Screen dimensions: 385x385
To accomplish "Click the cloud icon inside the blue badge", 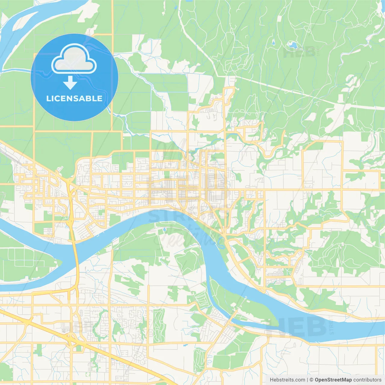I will click(74, 59).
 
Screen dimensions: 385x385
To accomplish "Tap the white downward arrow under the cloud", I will click(70, 83).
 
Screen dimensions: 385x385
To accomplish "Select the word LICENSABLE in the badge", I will click(74, 98).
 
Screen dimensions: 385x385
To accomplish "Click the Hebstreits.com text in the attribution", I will click(287, 380).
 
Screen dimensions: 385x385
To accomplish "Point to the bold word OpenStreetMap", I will click(333, 380).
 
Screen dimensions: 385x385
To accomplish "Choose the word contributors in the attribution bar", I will click(367, 380).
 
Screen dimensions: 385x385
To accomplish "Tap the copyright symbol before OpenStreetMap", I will click(311, 380).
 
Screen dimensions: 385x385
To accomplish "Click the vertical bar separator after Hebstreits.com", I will click(307, 380).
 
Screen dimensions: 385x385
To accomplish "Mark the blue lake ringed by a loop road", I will click(292, 45).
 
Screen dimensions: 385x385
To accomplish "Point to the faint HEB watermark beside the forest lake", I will click(299, 53).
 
